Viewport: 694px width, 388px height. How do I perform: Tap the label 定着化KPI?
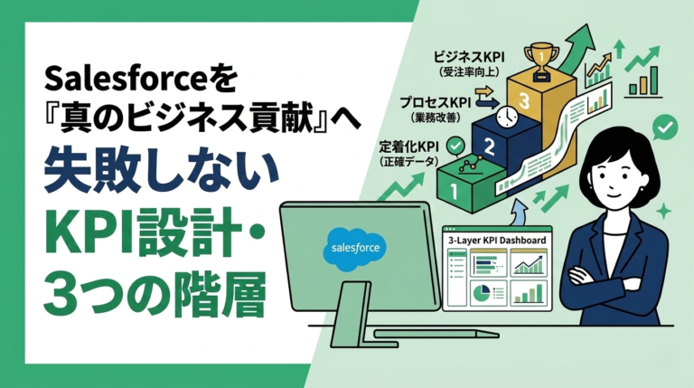410,145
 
